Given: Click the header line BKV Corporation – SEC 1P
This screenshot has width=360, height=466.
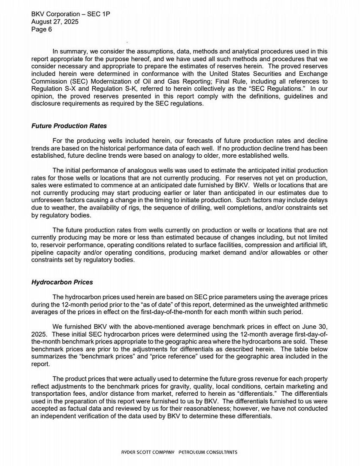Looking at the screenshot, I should click(71, 14).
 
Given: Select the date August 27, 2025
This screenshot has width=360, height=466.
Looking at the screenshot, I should click(55, 22).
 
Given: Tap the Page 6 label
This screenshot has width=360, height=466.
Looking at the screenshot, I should click(42, 30).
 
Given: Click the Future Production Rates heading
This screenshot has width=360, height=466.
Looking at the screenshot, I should click(69, 126).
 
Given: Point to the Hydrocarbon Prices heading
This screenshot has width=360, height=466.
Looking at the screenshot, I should click(62, 283).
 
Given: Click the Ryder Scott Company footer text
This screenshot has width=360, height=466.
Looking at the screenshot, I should click(179, 452).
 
